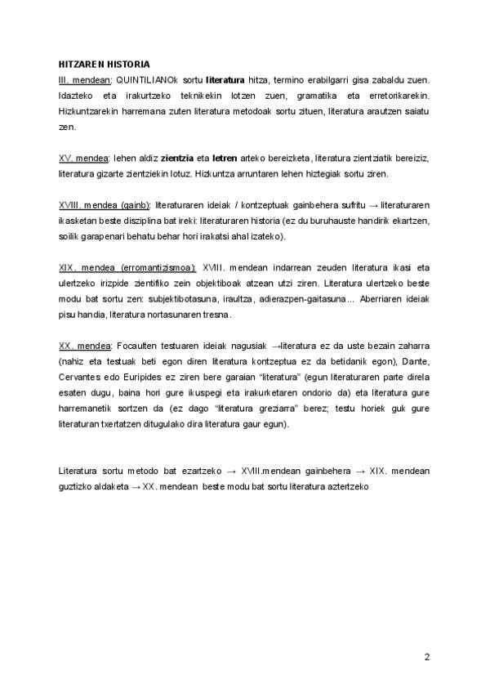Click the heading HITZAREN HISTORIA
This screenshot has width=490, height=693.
click(x=104, y=63)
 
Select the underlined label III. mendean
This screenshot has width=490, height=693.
click(x=86, y=80)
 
